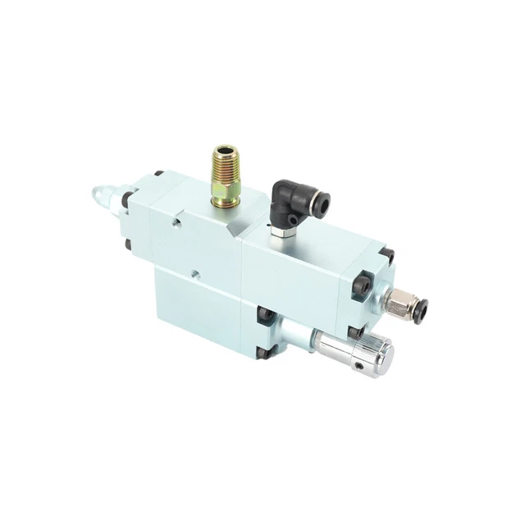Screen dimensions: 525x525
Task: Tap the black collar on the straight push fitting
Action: (419, 308)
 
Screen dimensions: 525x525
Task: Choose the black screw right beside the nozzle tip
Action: (127, 199)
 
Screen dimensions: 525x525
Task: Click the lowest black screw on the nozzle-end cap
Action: (128, 244)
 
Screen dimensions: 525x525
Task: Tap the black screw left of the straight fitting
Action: (360, 286)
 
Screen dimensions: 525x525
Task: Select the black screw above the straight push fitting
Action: (388, 256)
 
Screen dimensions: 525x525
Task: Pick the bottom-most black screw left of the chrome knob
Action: (262, 354)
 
